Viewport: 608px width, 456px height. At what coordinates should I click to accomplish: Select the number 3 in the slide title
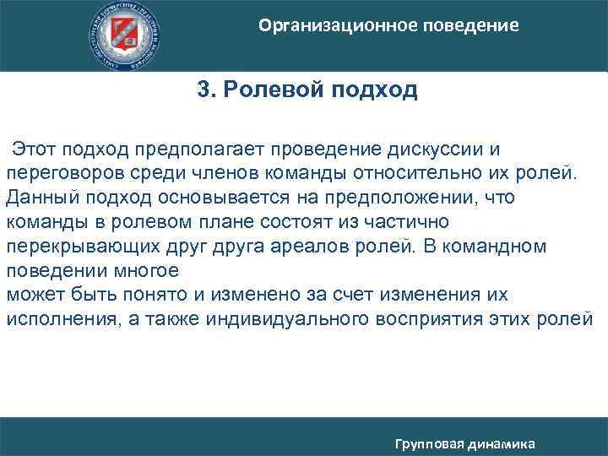pyautogui.click(x=204, y=90)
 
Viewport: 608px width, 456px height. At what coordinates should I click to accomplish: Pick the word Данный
pyautogui.click(x=38, y=198)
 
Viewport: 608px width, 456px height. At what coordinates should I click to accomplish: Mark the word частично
pyautogui.click(x=407, y=222)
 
